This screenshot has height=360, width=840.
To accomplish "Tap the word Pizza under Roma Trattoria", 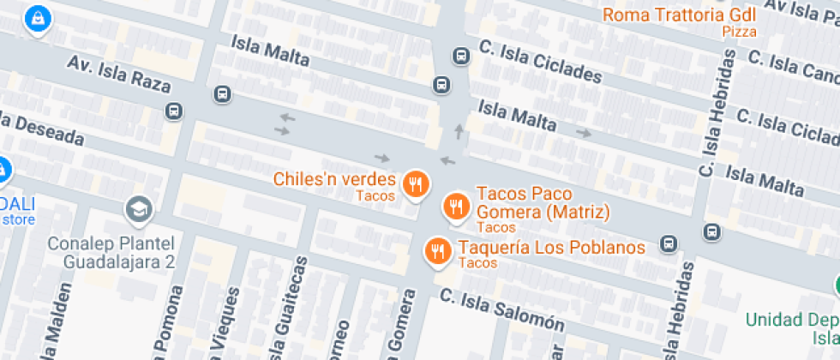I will tap(739, 32).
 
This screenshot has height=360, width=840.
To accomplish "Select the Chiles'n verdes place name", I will tap(334, 180).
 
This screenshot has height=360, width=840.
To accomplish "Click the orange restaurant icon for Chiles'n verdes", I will tap(416, 183).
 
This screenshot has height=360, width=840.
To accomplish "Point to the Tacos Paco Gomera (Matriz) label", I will tap(542, 202).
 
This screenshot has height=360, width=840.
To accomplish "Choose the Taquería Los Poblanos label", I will tap(551, 248).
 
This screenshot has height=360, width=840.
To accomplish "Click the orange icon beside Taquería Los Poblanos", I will tap(438, 250).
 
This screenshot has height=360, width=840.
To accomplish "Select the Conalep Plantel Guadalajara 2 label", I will tap(111, 253).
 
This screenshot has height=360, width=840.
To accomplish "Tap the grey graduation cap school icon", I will tap(137, 207).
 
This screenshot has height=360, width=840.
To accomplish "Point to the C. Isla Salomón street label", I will tap(503, 310).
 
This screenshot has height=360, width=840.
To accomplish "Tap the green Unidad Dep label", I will tap(791, 320).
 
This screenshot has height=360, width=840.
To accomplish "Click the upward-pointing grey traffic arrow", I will tap(459, 131).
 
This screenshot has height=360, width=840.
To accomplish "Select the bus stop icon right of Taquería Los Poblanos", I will tap(711, 232).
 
